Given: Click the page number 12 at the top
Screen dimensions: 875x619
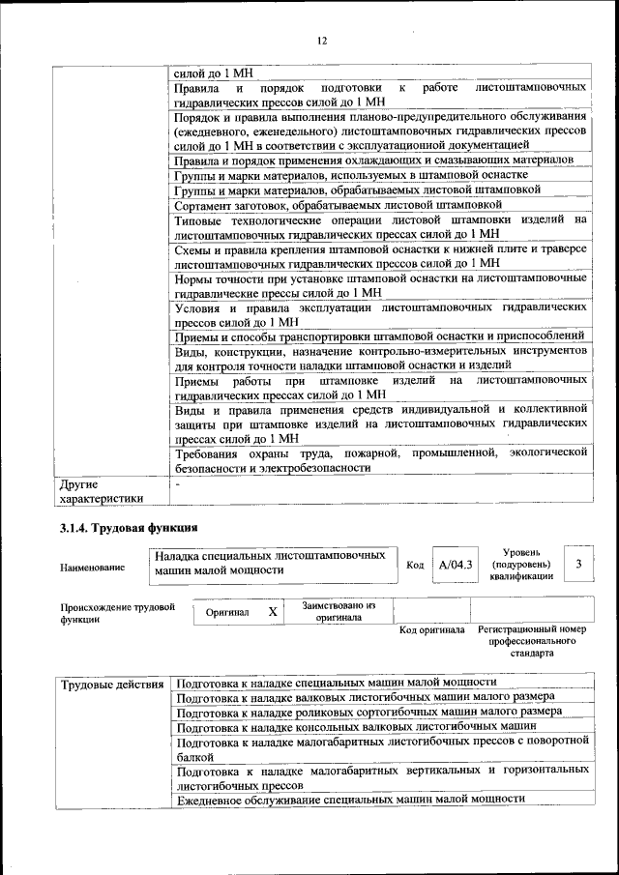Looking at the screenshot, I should (322, 40).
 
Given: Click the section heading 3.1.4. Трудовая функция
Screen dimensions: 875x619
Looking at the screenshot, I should (129, 528).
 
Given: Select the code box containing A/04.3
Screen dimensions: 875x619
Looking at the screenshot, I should (455, 565).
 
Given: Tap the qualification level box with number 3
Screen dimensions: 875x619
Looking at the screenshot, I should (577, 564).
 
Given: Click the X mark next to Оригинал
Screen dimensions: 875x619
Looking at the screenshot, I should (273, 612).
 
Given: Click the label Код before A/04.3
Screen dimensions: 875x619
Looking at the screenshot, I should (415, 566).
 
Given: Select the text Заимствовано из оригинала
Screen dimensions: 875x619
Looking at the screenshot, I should (339, 611).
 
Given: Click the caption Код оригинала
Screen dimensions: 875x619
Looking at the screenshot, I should (432, 629).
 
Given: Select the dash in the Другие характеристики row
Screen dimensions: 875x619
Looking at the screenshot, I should (177, 483).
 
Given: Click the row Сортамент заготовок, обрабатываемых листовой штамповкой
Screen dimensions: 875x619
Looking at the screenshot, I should (339, 205).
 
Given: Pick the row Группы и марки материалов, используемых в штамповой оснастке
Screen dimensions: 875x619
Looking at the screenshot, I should (351, 176).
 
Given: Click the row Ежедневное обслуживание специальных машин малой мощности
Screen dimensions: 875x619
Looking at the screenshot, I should (351, 799).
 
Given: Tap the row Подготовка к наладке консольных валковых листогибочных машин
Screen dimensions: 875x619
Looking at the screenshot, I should (357, 726).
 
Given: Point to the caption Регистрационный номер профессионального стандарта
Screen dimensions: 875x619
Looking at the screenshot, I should (532, 641).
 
